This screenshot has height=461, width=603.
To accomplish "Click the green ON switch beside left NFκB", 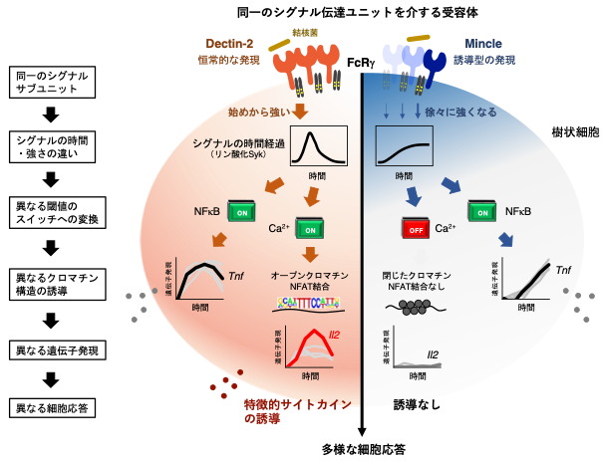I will tap(242, 212).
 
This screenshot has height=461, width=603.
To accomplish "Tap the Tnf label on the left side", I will tap(236, 278).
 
